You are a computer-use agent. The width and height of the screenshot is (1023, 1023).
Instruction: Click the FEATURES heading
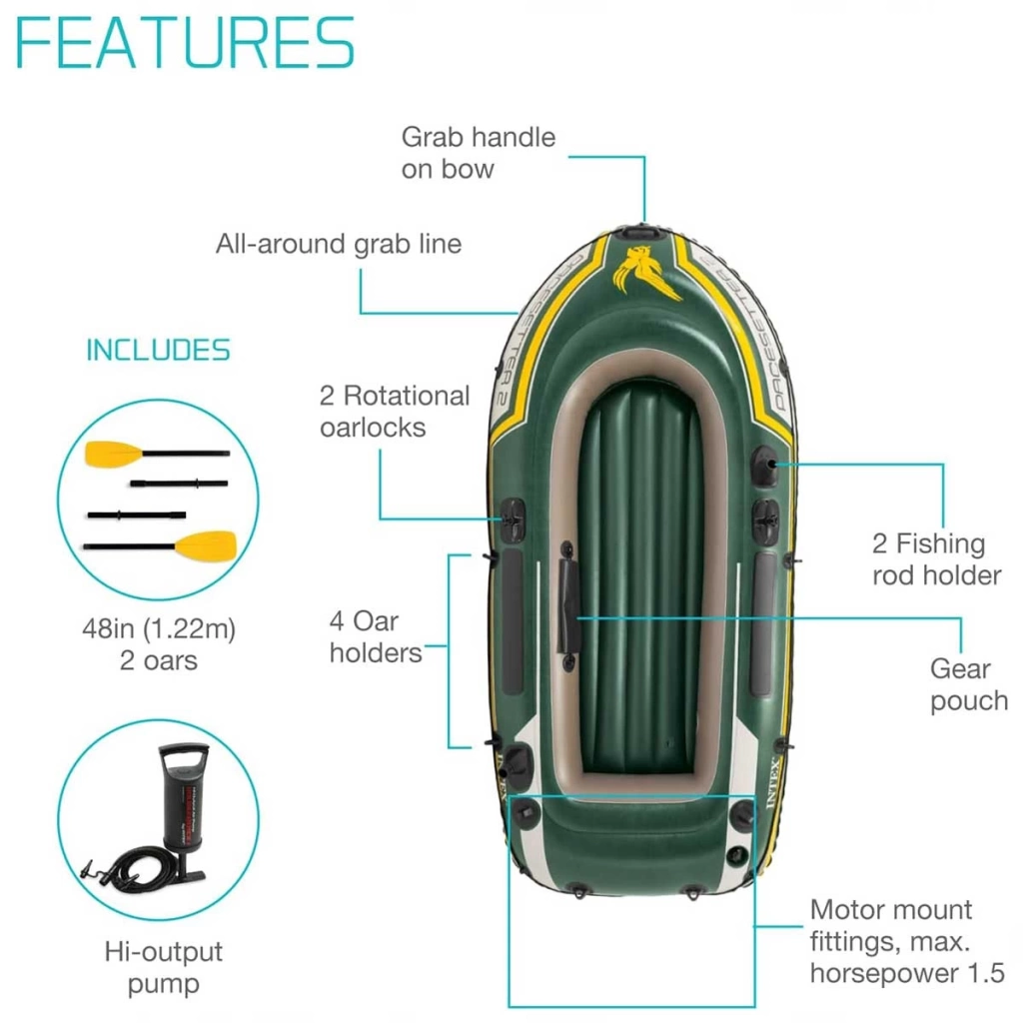coord(185,43)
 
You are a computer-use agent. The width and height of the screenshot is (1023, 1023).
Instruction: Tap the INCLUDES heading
coord(159,351)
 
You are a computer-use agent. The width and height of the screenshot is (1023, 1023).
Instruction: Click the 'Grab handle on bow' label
coord(479,153)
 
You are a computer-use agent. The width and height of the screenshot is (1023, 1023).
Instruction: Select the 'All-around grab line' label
coord(339,244)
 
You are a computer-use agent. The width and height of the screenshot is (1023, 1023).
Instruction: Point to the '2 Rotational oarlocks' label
coord(394,411)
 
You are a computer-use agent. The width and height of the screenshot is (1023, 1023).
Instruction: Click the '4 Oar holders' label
coord(376,636)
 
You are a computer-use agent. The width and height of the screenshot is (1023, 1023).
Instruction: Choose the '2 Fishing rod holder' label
coord(936,559)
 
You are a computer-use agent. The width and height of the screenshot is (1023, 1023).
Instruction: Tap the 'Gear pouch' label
coord(969,684)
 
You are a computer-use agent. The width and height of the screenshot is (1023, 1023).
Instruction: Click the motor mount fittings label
coord(907,941)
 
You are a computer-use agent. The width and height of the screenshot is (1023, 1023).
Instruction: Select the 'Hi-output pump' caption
coord(163,967)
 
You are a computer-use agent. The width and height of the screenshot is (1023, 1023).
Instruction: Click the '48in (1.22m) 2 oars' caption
coord(159,644)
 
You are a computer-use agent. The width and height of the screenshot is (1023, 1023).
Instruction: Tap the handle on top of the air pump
coord(184,757)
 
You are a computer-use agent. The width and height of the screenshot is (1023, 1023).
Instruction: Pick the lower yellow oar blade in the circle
coord(206,546)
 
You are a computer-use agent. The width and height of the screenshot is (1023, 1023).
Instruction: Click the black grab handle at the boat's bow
coord(640,231)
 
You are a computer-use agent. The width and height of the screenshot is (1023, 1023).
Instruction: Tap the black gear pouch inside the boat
coord(568,605)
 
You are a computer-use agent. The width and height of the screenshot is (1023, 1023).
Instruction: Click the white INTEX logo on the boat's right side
coord(772,783)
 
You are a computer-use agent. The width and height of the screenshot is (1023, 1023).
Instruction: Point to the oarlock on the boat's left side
coord(512,519)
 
